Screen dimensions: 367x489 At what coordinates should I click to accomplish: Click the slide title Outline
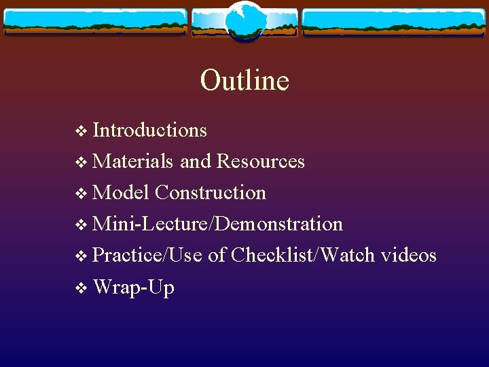tap(244, 80)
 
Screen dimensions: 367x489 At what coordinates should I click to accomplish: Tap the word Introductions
tap(149, 129)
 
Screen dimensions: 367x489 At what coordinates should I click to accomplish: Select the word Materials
tap(133, 161)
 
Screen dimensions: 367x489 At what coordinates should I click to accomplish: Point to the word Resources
tap(260, 161)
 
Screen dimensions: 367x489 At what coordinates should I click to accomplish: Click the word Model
tap(121, 192)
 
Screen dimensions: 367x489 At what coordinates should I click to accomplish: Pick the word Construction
tap(211, 192)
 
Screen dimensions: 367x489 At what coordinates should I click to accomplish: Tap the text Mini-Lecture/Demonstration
tap(217, 224)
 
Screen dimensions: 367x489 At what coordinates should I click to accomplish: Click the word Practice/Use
tap(147, 255)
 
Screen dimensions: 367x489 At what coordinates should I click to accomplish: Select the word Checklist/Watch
tap(303, 255)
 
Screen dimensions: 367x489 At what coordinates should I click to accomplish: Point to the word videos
tap(409, 255)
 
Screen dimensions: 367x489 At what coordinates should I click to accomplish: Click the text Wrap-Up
tap(134, 287)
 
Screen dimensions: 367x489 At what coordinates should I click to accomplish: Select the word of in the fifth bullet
tap(217, 255)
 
